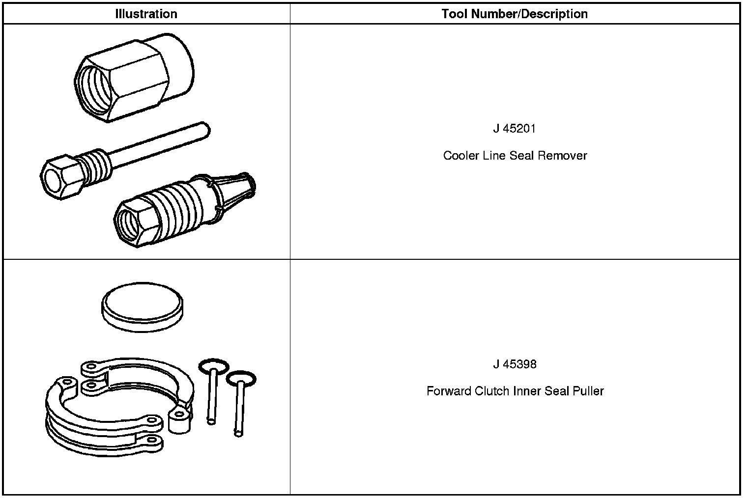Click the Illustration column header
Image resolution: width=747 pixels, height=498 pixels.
(x=146, y=14)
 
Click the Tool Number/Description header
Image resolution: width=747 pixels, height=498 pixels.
(x=515, y=14)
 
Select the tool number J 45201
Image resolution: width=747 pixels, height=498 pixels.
(x=515, y=129)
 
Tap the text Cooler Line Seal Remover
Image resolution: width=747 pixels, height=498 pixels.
(x=515, y=156)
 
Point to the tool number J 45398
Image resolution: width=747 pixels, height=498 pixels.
(x=515, y=364)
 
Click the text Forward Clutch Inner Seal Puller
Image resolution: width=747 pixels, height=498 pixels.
(x=515, y=391)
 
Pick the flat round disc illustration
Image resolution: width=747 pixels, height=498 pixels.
(x=142, y=306)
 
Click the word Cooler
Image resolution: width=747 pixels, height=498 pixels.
(x=459, y=156)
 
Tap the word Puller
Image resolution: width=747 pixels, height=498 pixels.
(x=588, y=391)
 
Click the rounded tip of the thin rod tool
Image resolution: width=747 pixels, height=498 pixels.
(x=205, y=129)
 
